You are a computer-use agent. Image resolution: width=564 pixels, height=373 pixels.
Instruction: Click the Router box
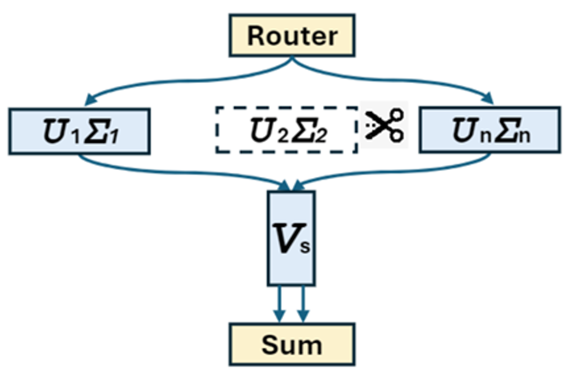click(292, 35)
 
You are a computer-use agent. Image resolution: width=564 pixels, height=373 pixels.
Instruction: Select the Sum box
click(292, 344)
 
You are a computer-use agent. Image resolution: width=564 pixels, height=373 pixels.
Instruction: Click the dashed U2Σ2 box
click(287, 129)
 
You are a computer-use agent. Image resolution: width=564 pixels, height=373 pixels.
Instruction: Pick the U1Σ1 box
click(79, 131)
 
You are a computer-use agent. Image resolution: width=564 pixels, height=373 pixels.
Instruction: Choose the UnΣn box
click(490, 130)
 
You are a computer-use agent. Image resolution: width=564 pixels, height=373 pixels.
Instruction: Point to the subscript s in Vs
click(305, 247)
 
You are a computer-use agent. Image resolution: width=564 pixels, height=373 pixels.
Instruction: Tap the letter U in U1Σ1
click(55, 131)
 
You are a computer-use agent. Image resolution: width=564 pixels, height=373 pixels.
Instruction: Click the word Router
click(292, 36)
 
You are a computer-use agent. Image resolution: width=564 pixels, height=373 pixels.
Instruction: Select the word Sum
click(292, 345)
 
